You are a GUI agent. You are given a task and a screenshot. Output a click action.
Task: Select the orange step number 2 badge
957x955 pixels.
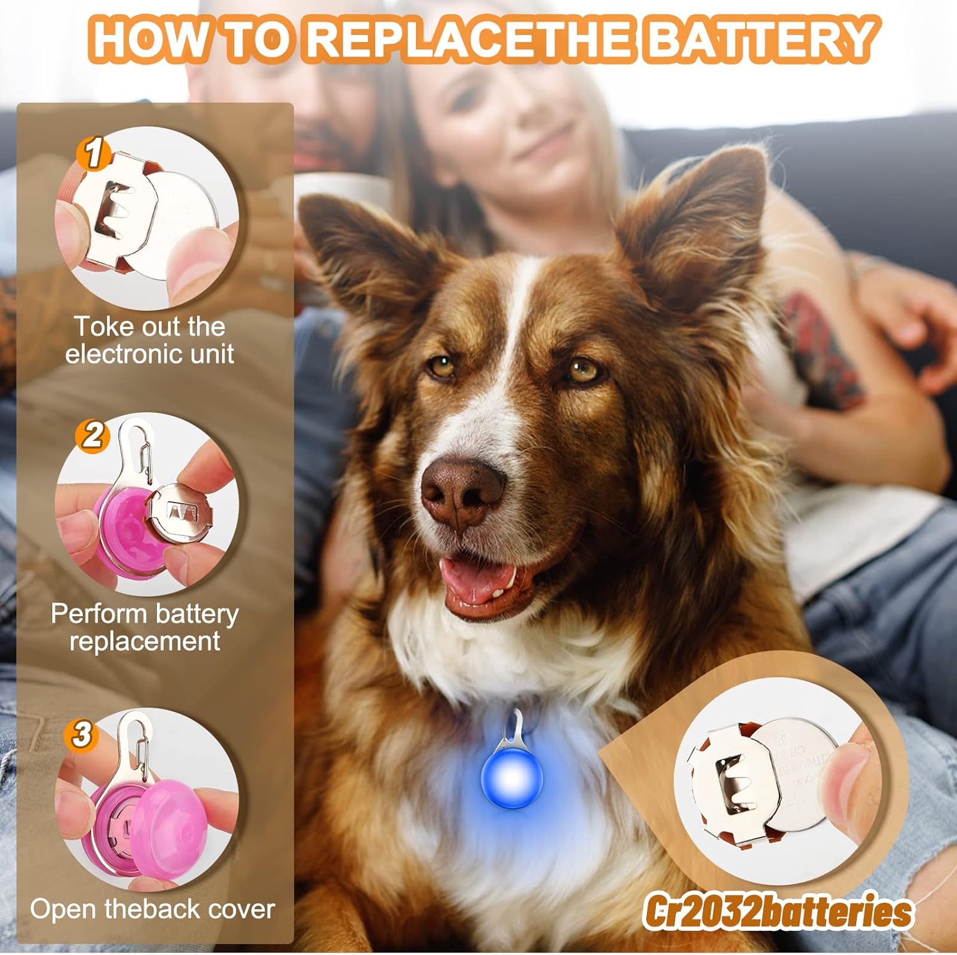[93, 436]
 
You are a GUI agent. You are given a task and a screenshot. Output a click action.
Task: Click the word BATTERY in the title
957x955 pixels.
[759, 40]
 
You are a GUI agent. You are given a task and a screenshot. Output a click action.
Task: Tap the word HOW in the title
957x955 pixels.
[151, 40]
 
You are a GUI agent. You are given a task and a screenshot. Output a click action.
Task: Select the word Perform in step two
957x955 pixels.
[99, 614]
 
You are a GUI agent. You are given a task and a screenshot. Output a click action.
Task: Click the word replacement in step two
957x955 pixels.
[145, 641]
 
